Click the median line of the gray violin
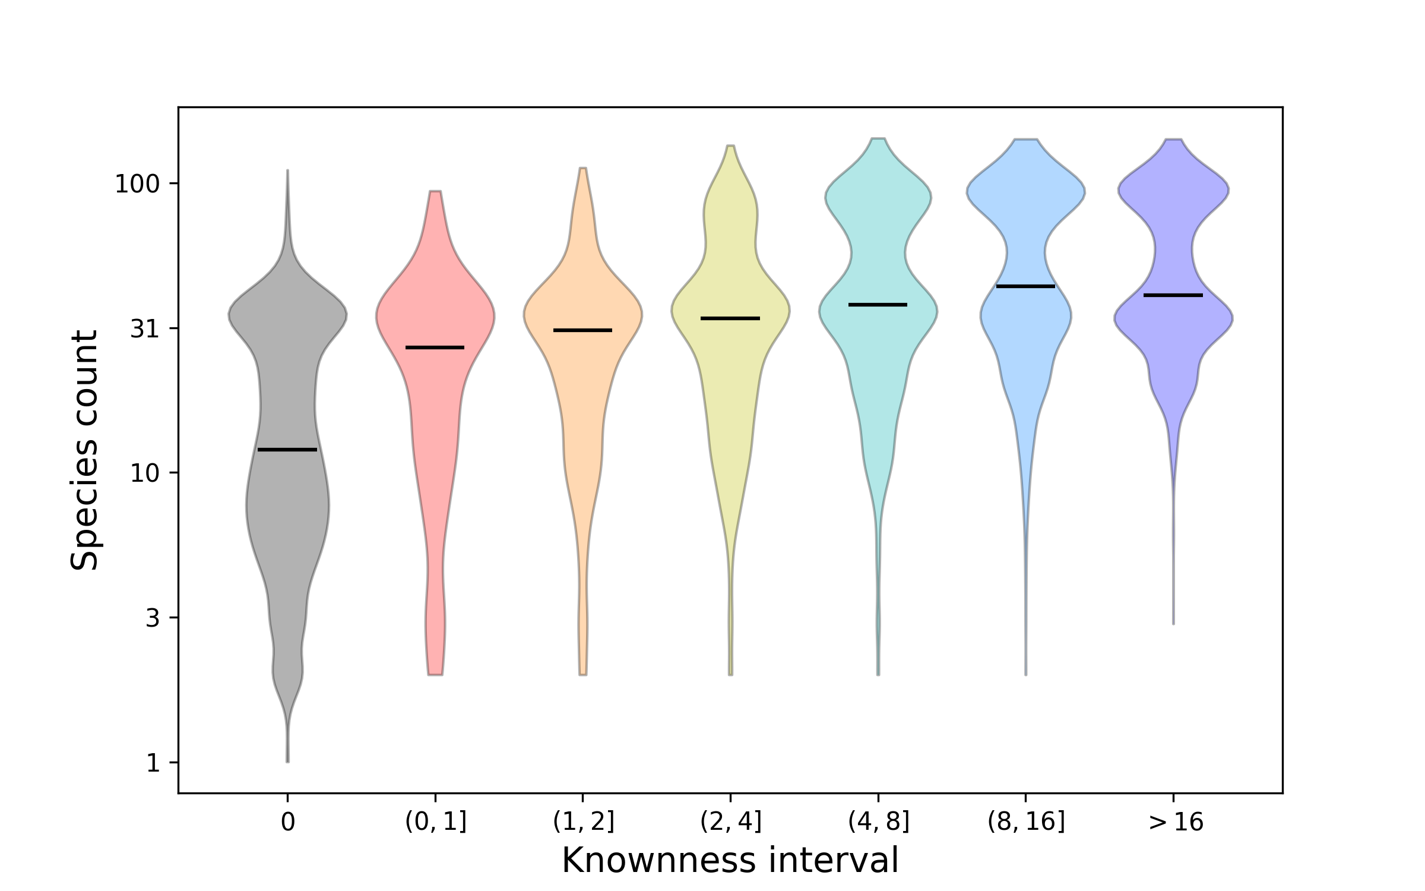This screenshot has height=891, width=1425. click(x=287, y=450)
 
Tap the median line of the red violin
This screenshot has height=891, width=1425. click(x=435, y=347)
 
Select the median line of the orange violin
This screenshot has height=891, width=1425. click(x=582, y=330)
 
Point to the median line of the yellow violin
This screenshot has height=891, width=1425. click(x=730, y=318)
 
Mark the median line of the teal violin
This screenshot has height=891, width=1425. click(x=878, y=305)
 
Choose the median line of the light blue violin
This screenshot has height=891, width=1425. click(x=1025, y=286)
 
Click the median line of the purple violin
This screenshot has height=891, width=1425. click(x=1173, y=295)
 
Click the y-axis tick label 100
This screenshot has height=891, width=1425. click(x=138, y=184)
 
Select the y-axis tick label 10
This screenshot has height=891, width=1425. click(x=145, y=473)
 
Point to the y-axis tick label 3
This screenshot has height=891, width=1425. click(x=153, y=618)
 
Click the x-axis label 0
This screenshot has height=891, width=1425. click(x=287, y=823)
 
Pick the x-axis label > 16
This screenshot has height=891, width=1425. click(x=1176, y=823)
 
